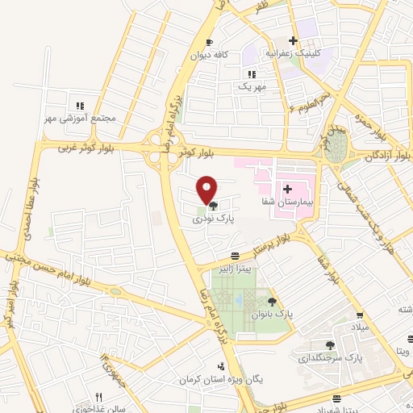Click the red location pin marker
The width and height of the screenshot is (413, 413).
[x=207, y=190]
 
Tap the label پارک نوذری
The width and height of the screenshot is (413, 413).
[x=212, y=219]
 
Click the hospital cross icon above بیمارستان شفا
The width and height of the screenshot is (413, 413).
[x=287, y=187]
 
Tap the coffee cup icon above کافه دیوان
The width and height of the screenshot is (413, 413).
[x=210, y=43]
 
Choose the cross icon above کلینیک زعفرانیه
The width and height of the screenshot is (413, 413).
[x=294, y=40]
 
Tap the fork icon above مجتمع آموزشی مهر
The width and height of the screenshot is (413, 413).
[x=80, y=106]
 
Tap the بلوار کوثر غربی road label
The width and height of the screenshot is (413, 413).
[x=89, y=148]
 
